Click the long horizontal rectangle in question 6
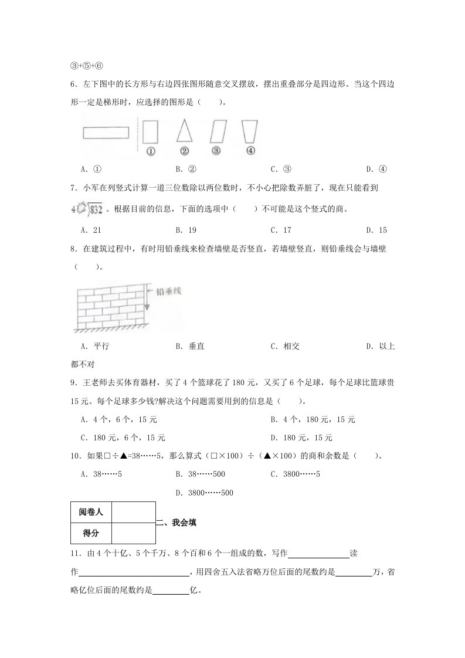pos(106,133)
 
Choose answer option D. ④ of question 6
pos(375,169)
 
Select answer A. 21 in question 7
pos(91,230)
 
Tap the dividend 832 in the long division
pos(97,209)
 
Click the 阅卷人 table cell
pos(91,512)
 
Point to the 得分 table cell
pos(91,534)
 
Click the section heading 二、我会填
pos(178,523)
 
